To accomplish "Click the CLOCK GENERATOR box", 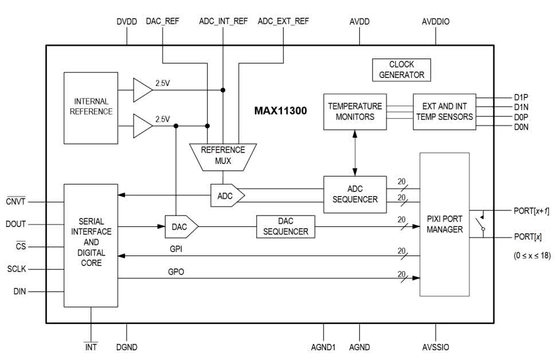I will [x=401, y=69].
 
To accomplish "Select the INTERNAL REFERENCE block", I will [x=91, y=107].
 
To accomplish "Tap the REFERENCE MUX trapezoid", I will [x=223, y=156].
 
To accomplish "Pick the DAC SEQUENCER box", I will [x=286, y=226].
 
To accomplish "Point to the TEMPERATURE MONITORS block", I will [x=355, y=111].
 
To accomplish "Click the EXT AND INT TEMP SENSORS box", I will [x=444, y=111].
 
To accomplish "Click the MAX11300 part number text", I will [x=280, y=111].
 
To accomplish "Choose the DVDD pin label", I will [x=127, y=22].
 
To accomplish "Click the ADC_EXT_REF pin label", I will [x=283, y=22].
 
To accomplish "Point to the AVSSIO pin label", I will [x=436, y=347].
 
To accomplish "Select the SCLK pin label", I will [x=17, y=269].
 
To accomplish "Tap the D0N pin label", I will [x=522, y=127].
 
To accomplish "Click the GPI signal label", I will [x=177, y=250].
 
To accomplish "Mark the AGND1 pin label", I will [x=324, y=347].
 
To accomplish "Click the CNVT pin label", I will [x=16, y=201].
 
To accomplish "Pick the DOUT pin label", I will [x=17, y=224].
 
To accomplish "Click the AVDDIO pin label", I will [x=436, y=22].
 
